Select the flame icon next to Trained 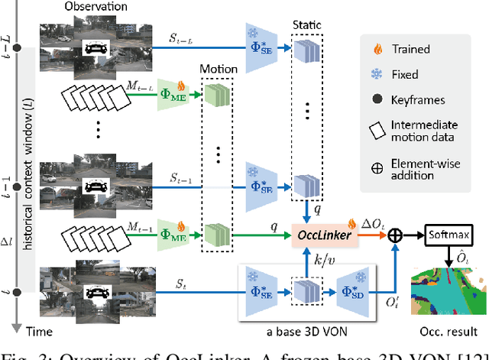point(374,48)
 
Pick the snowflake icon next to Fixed point(374,76)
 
